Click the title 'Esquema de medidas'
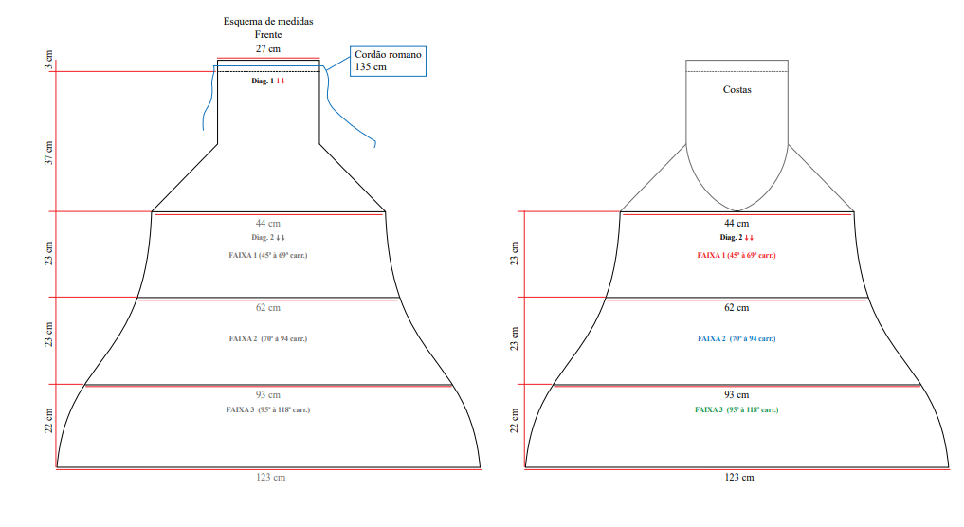click(x=268, y=22)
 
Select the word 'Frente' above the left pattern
click(x=268, y=35)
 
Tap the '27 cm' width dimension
click(x=268, y=48)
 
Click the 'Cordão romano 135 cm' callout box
click(x=388, y=61)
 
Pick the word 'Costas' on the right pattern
click(x=737, y=90)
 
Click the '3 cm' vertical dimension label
click(x=48, y=60)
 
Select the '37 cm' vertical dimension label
click(x=48, y=153)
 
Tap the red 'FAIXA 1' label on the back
click(x=737, y=255)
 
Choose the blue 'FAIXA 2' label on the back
click(x=737, y=338)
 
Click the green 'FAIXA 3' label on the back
click(x=737, y=409)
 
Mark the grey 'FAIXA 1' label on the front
click(x=268, y=255)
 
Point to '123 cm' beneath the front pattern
click(x=270, y=477)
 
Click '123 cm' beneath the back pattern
click(x=739, y=477)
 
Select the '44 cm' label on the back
click(x=737, y=224)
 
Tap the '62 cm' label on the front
click(x=268, y=307)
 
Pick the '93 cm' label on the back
click(x=737, y=395)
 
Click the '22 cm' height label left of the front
click(x=48, y=421)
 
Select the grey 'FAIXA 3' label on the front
click(x=268, y=409)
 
